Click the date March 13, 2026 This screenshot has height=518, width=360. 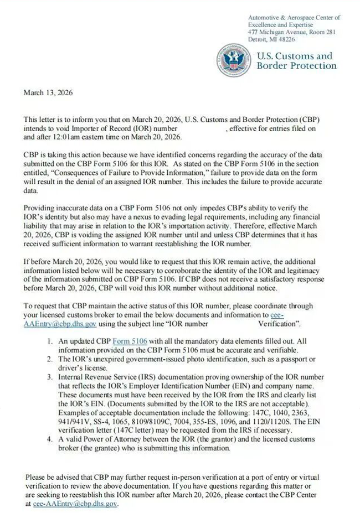pyautogui.click(x=48, y=93)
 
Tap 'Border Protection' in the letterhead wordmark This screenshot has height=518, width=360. pyautogui.click(x=296, y=66)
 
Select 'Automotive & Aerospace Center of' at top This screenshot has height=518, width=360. pyautogui.click(x=294, y=18)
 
